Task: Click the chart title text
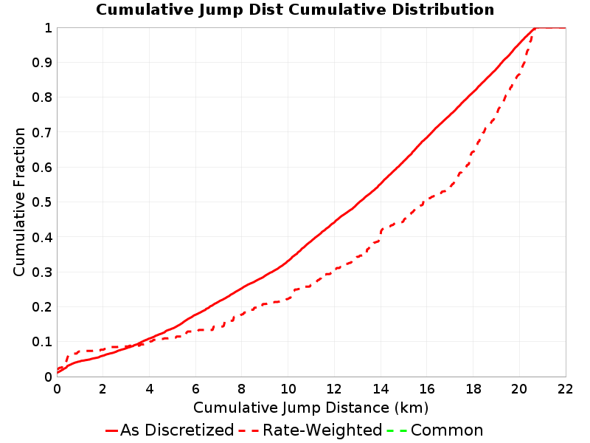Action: (295, 10)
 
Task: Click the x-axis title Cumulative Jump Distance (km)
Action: (310, 408)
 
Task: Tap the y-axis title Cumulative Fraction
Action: (19, 202)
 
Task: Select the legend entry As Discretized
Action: (177, 430)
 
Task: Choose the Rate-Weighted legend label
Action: (322, 430)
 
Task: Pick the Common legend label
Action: (447, 430)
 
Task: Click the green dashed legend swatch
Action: (397, 430)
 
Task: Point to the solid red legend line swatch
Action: (112, 430)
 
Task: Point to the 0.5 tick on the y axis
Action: (42, 202)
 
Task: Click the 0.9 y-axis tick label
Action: (42, 63)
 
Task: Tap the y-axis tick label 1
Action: (48, 28)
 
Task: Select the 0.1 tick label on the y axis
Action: (42, 342)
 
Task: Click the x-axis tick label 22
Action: (565, 389)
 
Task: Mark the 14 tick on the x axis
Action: (381, 389)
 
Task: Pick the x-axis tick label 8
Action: (242, 389)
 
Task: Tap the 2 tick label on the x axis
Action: (103, 389)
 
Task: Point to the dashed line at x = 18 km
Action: (473, 152)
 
